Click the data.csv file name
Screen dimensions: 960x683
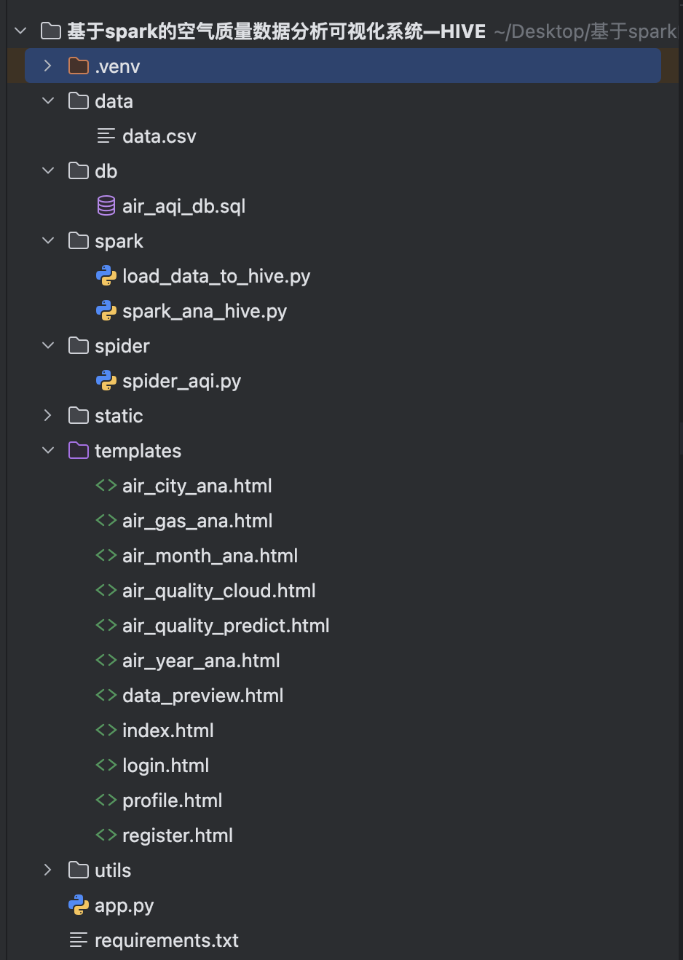(x=159, y=136)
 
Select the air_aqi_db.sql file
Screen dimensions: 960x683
(x=183, y=206)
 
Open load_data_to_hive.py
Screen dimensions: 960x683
(x=216, y=276)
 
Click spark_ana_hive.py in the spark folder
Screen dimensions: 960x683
(x=205, y=311)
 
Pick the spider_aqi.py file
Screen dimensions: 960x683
(x=181, y=381)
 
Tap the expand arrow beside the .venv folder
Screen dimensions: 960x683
(x=48, y=66)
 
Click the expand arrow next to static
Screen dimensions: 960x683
(x=48, y=416)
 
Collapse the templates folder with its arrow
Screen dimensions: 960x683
(x=48, y=451)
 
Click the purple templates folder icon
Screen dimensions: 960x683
(x=78, y=451)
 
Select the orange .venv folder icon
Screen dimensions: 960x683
(x=78, y=66)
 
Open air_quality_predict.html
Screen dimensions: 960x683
(x=226, y=626)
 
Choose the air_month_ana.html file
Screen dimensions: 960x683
(x=210, y=556)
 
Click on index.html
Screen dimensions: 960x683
(x=167, y=731)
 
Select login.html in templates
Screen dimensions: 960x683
(x=165, y=766)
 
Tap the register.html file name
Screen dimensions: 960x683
(x=177, y=835)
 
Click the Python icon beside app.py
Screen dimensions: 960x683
(x=78, y=905)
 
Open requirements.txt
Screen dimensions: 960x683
(x=166, y=940)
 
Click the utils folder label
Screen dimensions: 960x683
(x=113, y=870)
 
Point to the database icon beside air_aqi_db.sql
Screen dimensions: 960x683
(x=106, y=206)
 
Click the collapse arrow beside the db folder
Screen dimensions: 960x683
(x=48, y=171)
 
